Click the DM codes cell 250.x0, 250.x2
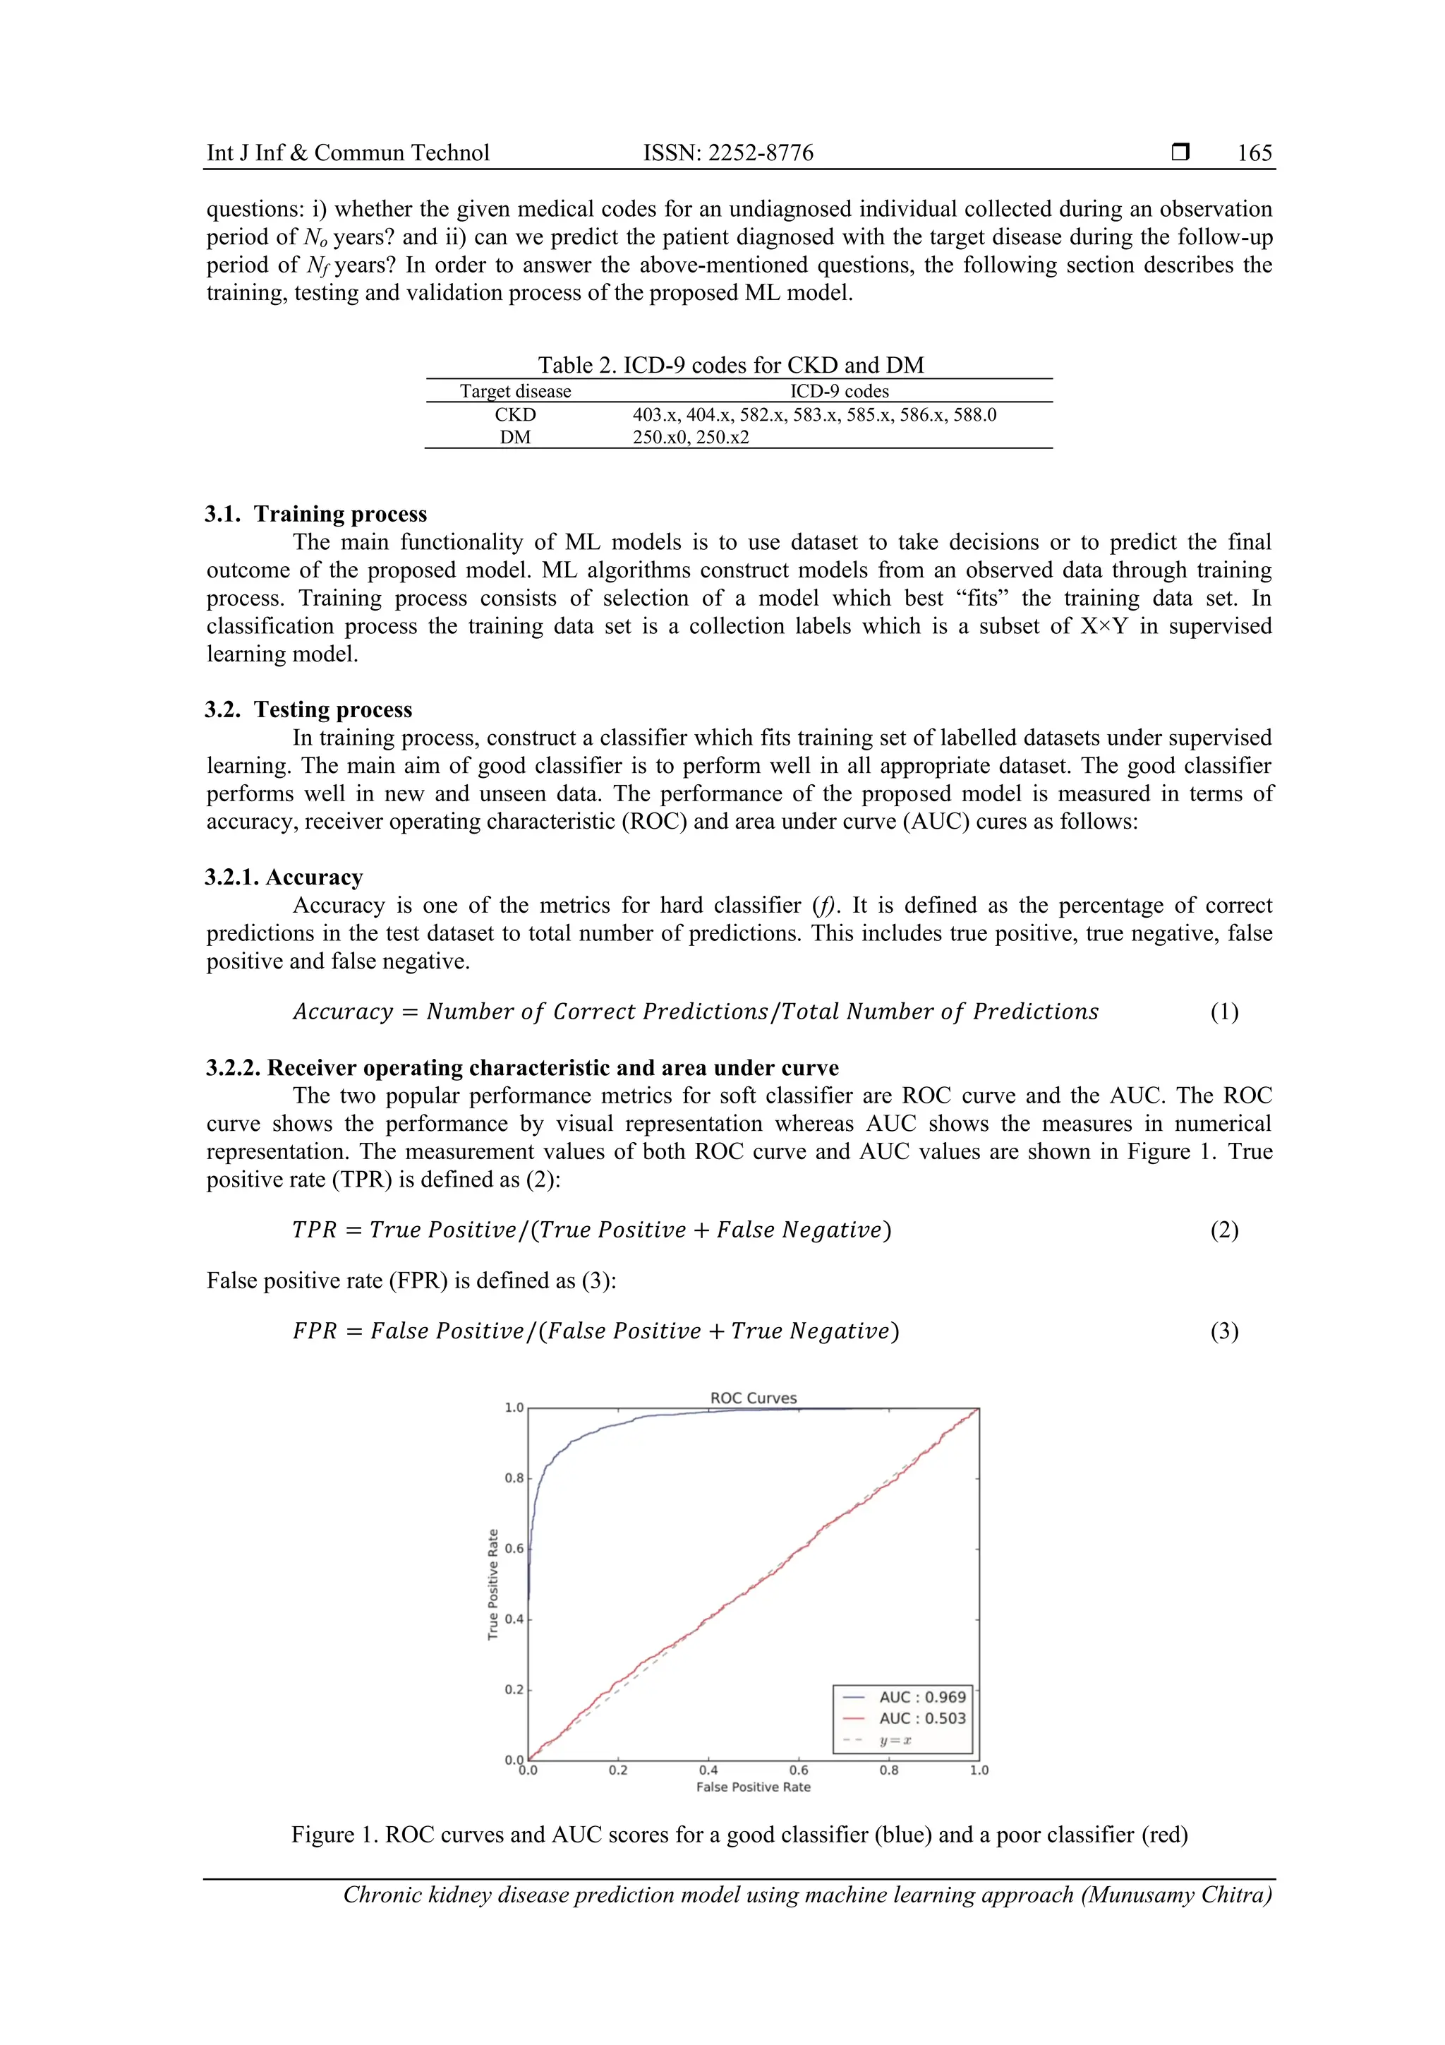[691, 438]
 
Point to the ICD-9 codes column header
[839, 391]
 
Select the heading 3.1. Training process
[316, 514]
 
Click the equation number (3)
[1223, 1331]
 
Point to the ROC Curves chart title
[754, 1398]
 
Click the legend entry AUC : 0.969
[921, 1697]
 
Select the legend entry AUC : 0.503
[921, 1718]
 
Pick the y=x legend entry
[895, 1740]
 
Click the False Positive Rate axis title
[754, 1787]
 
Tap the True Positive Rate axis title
[492, 1585]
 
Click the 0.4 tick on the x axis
[708, 1770]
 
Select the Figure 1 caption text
[739, 1835]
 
